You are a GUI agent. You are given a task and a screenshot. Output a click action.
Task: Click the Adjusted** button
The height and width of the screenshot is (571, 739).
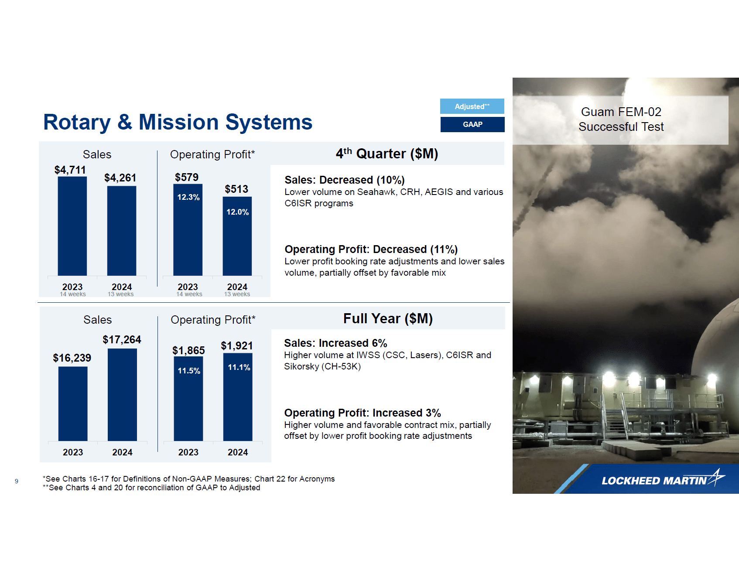click(x=472, y=106)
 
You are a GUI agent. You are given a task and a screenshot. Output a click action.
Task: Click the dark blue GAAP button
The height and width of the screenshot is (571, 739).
click(x=472, y=124)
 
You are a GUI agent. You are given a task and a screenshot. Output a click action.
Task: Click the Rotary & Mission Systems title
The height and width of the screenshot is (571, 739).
click(x=178, y=122)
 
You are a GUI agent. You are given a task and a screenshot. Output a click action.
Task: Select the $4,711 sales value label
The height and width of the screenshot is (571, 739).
click(x=70, y=170)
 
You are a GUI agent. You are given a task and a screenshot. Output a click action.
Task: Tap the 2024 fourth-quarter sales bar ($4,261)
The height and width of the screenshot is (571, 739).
click(x=121, y=231)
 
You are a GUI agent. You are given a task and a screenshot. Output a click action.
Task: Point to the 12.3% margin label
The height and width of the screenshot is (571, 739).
click(x=188, y=197)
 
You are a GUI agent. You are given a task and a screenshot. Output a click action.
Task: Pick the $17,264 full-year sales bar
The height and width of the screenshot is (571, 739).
click(x=122, y=395)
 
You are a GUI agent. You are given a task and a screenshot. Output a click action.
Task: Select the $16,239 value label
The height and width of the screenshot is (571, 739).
click(x=72, y=358)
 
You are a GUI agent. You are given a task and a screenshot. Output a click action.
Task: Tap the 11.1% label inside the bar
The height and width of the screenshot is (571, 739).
click(x=239, y=367)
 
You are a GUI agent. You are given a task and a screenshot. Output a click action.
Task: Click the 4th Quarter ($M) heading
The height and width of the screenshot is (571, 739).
click(x=387, y=154)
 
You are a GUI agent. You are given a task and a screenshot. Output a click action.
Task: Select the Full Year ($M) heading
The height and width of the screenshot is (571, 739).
click(x=387, y=318)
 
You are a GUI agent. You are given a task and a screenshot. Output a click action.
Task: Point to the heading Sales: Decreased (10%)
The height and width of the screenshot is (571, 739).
click(x=344, y=180)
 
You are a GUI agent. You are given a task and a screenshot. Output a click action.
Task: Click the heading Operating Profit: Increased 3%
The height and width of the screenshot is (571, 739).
click(x=362, y=413)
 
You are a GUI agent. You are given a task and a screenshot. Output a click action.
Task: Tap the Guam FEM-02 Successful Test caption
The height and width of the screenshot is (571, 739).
click(x=620, y=120)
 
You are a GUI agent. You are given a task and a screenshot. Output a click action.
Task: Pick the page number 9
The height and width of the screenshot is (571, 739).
click(x=17, y=481)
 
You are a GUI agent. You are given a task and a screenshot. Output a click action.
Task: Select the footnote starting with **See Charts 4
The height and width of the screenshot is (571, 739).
click(x=151, y=488)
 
